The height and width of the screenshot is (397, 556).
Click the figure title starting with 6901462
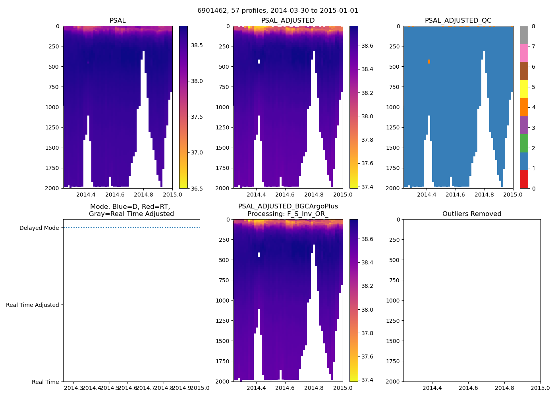click(x=278, y=11)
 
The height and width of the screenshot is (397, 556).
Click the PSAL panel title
click(x=118, y=21)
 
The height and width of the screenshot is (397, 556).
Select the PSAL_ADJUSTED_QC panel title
click(x=458, y=21)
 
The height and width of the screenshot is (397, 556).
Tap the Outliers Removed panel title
click(x=472, y=214)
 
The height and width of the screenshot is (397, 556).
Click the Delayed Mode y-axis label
click(x=39, y=228)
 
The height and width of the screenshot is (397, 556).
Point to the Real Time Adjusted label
click(x=33, y=305)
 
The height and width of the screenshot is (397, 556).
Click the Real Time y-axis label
click(x=45, y=382)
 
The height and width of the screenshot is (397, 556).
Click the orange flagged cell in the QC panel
click(x=429, y=61)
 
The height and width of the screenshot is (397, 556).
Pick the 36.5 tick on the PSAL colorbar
click(x=197, y=188)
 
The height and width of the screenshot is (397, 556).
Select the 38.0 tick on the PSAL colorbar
click(x=197, y=81)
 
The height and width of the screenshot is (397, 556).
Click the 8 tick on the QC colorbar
click(x=533, y=26)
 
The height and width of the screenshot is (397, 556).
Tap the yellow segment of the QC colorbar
click(x=524, y=89)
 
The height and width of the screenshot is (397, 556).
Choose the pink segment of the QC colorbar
click(x=524, y=53)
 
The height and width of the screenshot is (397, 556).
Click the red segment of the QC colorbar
click(x=524, y=179)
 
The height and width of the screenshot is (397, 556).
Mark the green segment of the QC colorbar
click(x=524, y=143)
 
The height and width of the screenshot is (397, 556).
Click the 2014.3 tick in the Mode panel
click(x=73, y=387)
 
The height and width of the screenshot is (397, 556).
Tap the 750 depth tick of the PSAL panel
click(x=53, y=87)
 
